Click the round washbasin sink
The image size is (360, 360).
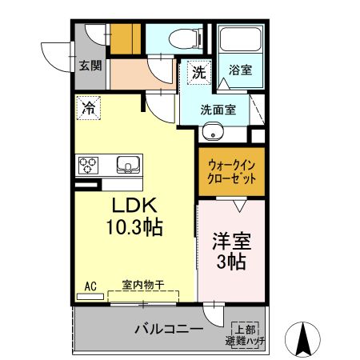pyautogui.click(x=214, y=132)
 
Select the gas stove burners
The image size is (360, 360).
pyautogui.click(x=88, y=166)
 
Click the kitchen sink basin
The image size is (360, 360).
pyautogui.click(x=128, y=166)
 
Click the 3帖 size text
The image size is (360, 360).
pyautogui.click(x=229, y=262)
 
